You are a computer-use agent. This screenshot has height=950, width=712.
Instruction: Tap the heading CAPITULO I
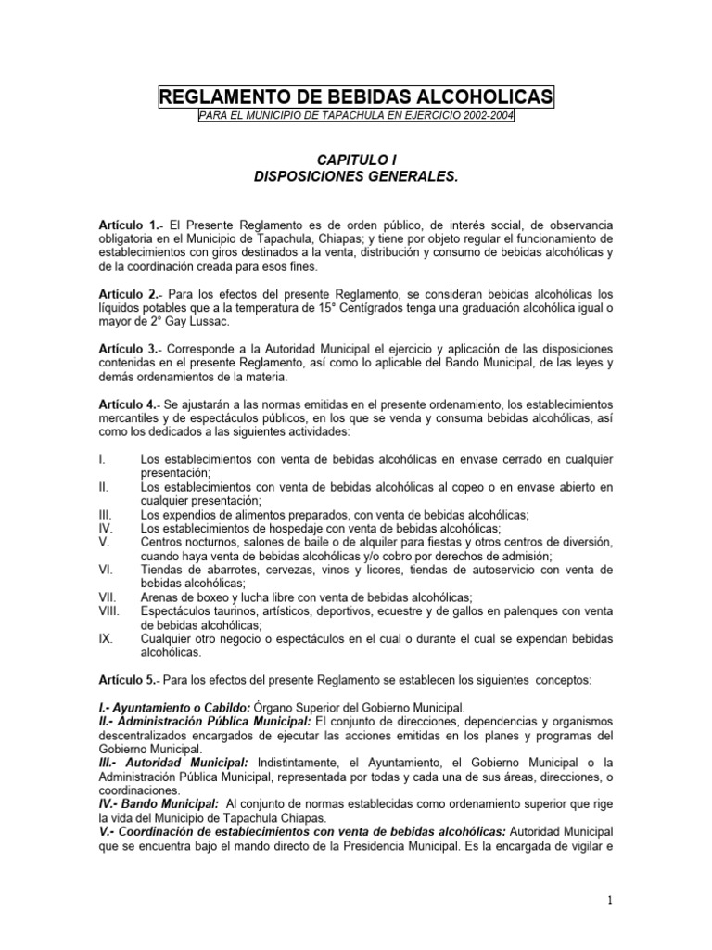(356, 160)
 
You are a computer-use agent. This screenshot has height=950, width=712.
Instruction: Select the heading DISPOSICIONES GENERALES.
(356, 175)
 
